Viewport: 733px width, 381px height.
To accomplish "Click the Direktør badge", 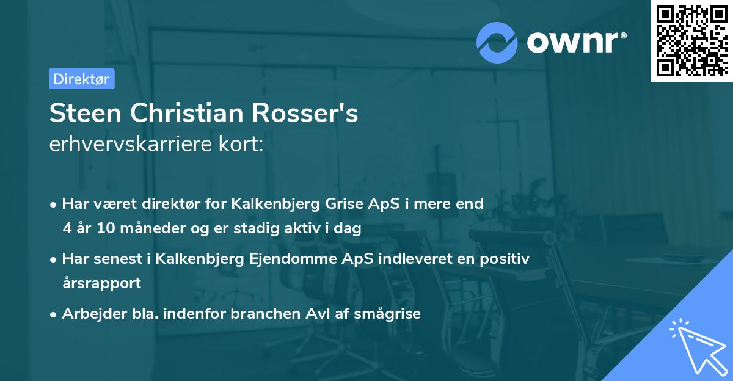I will tap(81, 79).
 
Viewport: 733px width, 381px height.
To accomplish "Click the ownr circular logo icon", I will tap(497, 42).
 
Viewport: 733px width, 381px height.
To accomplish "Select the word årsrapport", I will tap(101, 283).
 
